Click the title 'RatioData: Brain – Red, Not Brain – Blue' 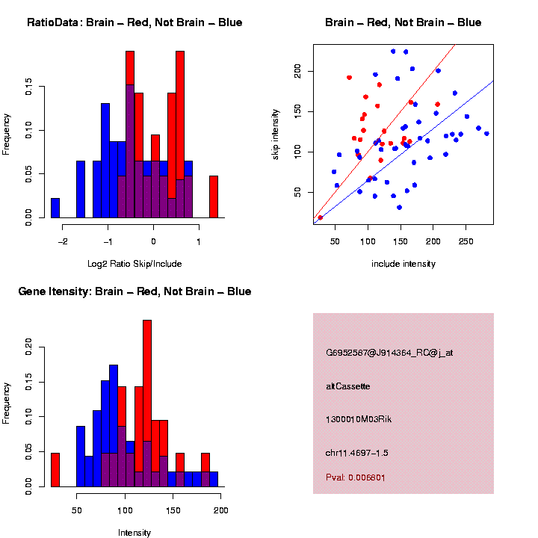(134, 22)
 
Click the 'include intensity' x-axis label (403, 264)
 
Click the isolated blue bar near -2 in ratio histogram (55, 208)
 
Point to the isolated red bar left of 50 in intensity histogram (55, 470)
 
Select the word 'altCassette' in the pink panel (348, 386)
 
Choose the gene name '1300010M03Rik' (359, 419)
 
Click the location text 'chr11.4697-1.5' (357, 453)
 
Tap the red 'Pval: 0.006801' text (356, 477)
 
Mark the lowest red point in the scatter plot (320, 217)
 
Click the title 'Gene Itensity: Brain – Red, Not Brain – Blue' (134, 291)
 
